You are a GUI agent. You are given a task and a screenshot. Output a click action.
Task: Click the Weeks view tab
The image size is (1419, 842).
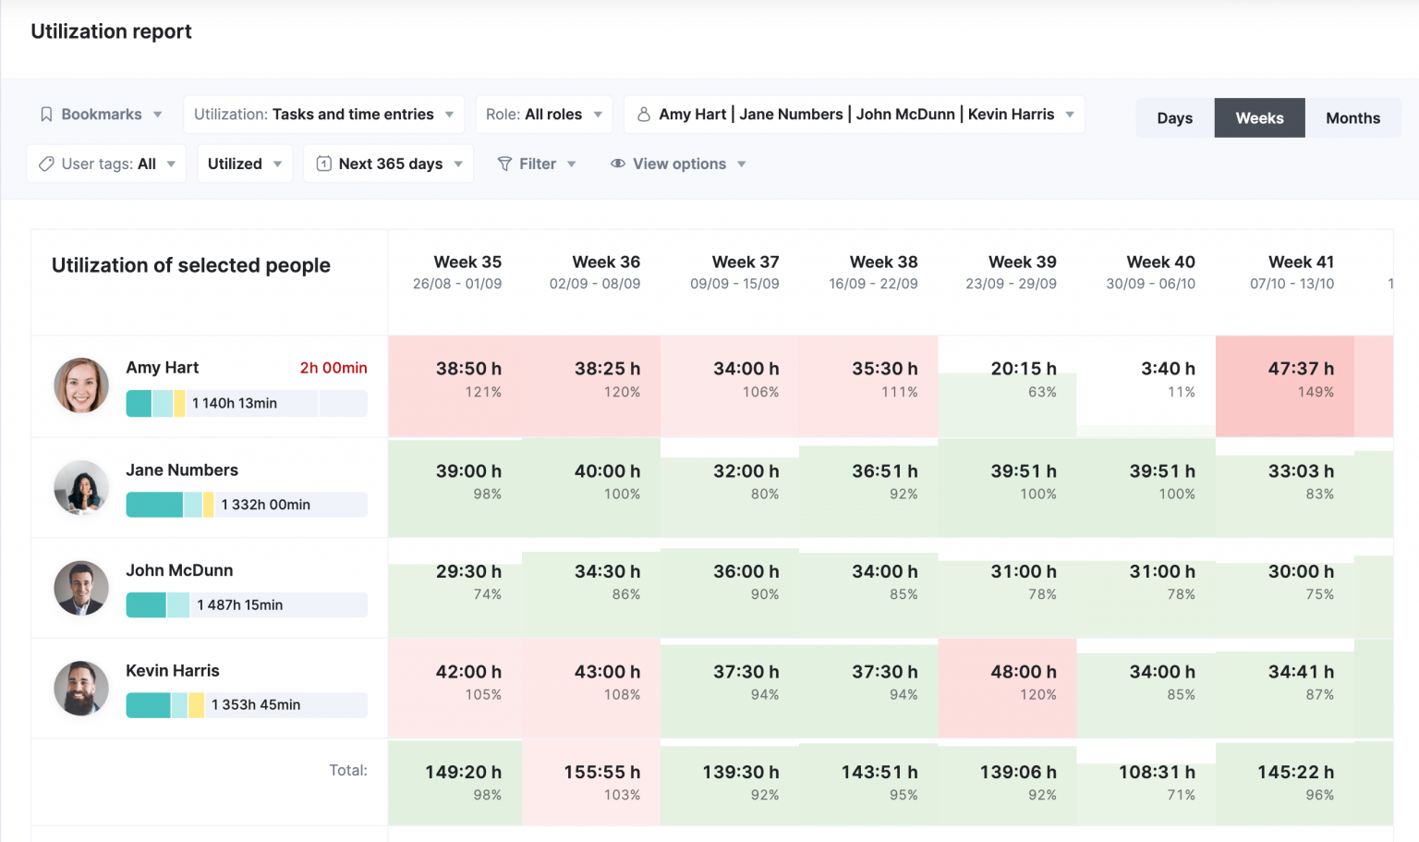(1259, 118)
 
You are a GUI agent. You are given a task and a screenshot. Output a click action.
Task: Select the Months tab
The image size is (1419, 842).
(1352, 118)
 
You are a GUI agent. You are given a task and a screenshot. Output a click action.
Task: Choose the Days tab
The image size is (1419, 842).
(1174, 118)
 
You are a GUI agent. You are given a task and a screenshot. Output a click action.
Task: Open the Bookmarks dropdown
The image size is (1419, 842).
(101, 115)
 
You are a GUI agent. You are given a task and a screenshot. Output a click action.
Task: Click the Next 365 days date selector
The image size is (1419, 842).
(389, 164)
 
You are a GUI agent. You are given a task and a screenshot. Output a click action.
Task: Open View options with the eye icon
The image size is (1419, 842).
(678, 164)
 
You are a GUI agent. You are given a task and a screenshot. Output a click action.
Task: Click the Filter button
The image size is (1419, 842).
(537, 164)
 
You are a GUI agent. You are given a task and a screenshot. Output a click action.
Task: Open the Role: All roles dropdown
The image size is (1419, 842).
(543, 115)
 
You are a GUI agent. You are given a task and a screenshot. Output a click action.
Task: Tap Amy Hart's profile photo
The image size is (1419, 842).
(81, 385)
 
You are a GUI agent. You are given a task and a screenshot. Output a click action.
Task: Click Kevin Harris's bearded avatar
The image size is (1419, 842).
(81, 689)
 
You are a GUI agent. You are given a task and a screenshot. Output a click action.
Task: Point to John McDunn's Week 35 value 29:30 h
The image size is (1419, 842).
(468, 572)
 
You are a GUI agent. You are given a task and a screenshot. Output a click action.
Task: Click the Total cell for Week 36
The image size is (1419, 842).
(591, 782)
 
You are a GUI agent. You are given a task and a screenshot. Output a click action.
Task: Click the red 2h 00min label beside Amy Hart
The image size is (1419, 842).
(333, 368)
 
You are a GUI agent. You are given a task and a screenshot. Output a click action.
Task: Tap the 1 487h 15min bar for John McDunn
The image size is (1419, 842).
(246, 604)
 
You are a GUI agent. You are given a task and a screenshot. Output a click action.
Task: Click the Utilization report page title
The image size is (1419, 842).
(111, 31)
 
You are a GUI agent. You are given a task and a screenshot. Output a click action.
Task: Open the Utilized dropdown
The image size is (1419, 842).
(244, 164)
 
